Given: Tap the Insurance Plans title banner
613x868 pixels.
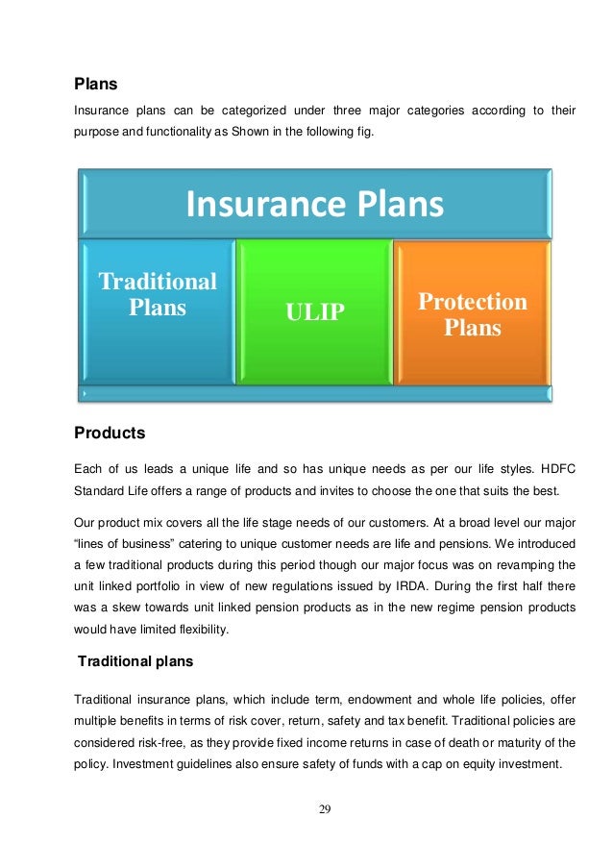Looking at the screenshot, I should click(x=314, y=204).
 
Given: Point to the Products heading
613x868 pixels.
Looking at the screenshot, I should click(x=110, y=434).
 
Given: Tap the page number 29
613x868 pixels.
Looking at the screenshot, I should click(x=325, y=809).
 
